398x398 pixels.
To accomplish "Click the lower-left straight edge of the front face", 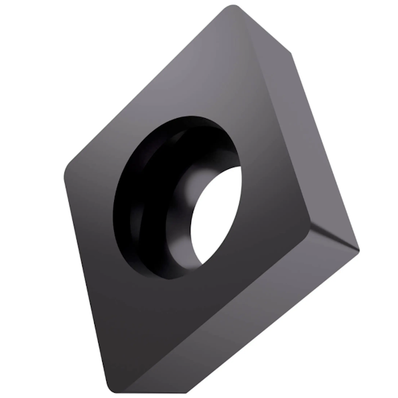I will click(x=86, y=279).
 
